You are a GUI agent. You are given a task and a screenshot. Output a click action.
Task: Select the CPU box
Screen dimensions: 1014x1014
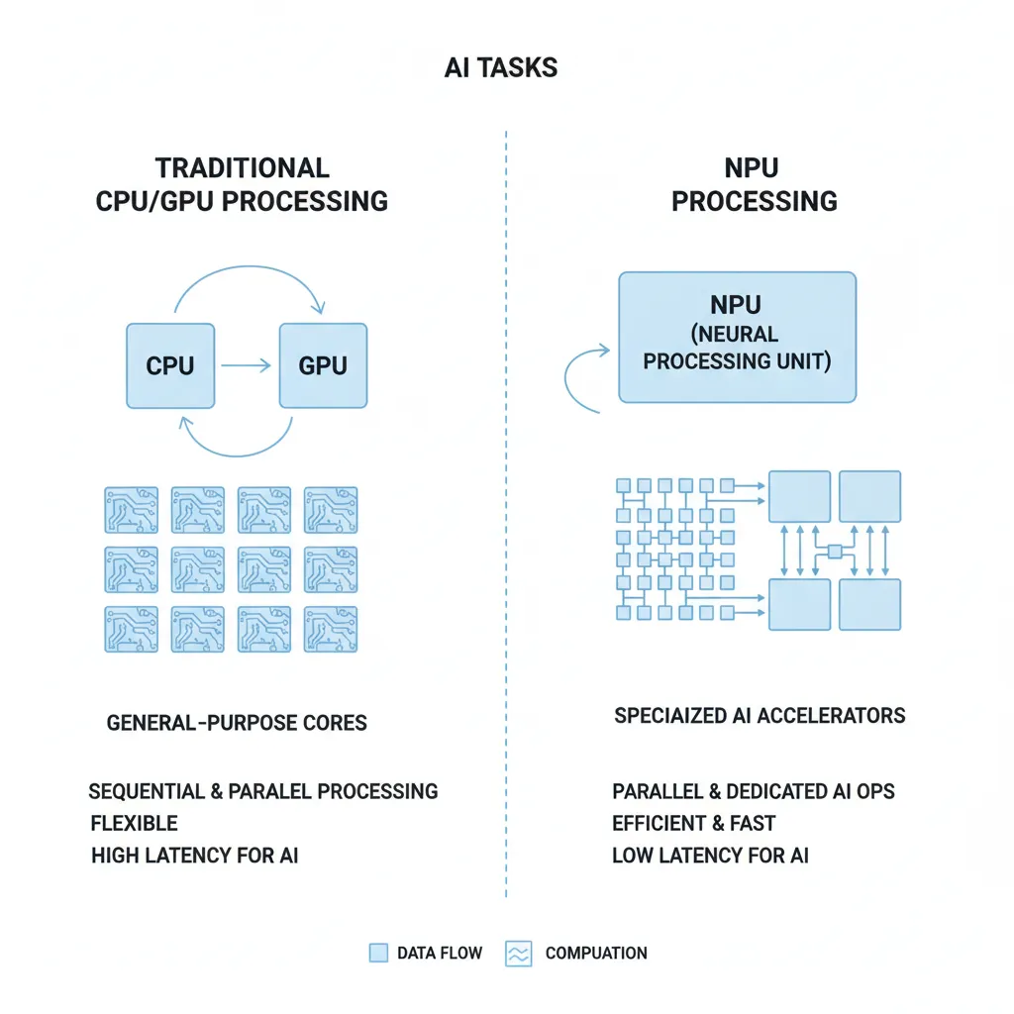170,365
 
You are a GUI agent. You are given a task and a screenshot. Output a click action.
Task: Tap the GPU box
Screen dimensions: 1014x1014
323,365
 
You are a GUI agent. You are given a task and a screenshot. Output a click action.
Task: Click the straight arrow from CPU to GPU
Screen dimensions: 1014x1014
246,366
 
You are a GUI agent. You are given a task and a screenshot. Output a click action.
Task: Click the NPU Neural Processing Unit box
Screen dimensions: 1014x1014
737,338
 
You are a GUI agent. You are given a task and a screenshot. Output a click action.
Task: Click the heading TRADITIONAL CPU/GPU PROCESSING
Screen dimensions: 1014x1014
242,184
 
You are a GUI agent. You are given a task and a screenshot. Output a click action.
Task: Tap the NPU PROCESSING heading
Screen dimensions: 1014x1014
754,184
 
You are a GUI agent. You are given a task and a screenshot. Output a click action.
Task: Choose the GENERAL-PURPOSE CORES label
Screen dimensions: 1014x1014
237,722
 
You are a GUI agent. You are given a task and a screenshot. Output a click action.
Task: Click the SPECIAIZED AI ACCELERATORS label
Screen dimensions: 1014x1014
760,715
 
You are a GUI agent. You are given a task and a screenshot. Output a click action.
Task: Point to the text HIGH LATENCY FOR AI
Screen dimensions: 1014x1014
194,855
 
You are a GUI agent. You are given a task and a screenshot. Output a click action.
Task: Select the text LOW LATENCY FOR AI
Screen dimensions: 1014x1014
710,855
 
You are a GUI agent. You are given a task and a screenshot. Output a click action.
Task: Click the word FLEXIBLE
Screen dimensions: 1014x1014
134,823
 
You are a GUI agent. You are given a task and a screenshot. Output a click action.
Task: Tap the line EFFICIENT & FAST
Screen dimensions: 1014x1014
693,823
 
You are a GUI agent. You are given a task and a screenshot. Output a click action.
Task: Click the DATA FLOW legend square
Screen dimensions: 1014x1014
378,953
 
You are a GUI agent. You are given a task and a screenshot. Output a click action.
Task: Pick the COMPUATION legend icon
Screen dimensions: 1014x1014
519,954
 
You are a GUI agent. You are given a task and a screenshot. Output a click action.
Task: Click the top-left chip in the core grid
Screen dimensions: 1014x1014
132,509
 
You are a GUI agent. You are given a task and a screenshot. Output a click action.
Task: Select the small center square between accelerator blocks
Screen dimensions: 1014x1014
835,551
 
